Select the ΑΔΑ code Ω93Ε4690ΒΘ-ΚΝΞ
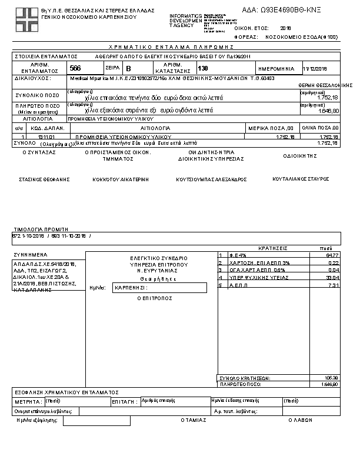[282, 10]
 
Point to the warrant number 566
[75, 69]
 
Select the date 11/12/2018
[315, 69]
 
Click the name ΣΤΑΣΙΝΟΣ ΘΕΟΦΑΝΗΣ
[45, 179]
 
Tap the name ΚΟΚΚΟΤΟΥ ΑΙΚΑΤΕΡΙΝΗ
[121, 179]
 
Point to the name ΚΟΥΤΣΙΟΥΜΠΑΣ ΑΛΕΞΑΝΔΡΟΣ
[211, 179]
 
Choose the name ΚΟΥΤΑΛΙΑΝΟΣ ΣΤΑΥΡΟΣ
[301, 178]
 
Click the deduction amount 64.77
[332, 255]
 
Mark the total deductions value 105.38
[332, 378]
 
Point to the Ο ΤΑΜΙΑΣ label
[194, 421]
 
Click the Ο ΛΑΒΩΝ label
[299, 421]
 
